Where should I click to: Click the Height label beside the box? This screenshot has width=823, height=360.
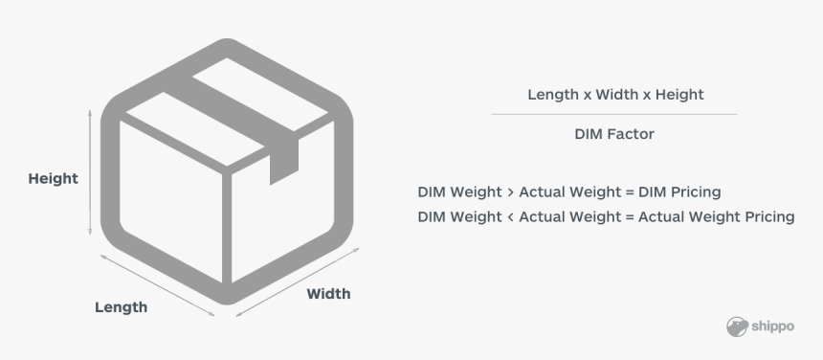pyautogui.click(x=53, y=178)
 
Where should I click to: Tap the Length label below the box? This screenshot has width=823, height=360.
pyautogui.click(x=121, y=307)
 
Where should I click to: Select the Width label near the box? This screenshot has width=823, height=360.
pyautogui.click(x=328, y=293)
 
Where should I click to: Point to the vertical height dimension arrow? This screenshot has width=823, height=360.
pyautogui.click(x=90, y=172)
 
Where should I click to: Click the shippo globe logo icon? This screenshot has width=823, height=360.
pyautogui.click(x=737, y=326)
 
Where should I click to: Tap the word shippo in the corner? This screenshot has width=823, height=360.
pyautogui.click(x=773, y=326)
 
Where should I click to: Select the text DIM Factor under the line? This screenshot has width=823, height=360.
pyautogui.click(x=614, y=134)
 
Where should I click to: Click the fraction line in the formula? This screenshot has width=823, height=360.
pyautogui.click(x=614, y=114)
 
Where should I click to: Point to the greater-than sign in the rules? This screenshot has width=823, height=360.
pyautogui.click(x=509, y=191)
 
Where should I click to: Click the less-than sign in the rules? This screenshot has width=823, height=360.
pyautogui.click(x=509, y=216)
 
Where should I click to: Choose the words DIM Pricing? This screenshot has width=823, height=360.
pyautogui.click(x=679, y=191)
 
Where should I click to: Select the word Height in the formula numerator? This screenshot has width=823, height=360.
pyautogui.click(x=678, y=95)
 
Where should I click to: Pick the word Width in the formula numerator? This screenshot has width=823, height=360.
pyautogui.click(x=616, y=95)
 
